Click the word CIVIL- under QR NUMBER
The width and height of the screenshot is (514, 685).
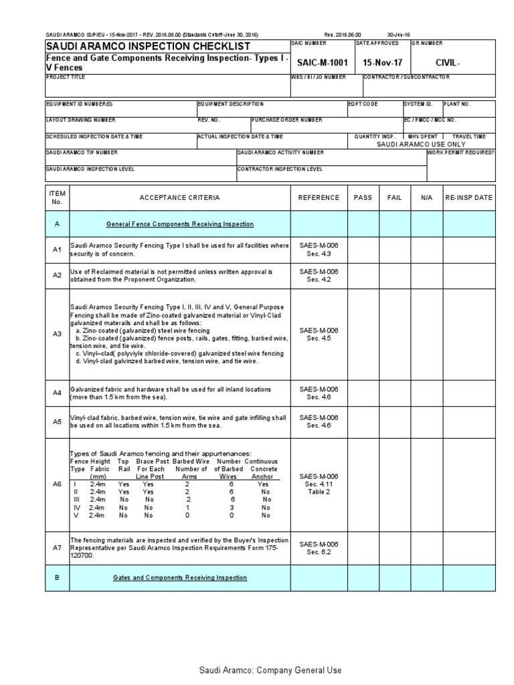pos(448,62)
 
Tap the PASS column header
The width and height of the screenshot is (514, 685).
pos(363,198)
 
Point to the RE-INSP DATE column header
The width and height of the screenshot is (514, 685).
pos(468,198)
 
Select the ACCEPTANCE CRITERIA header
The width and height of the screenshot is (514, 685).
pos(179,198)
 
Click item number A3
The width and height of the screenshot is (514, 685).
pos(57,333)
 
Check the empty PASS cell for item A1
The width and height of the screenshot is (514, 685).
pos(363,250)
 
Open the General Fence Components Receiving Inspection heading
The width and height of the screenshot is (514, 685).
pos(180,224)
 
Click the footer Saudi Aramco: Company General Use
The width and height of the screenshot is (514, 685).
pos(270,670)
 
